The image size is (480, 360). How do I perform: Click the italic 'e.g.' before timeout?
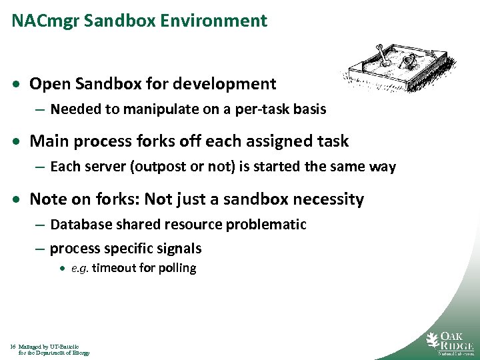[80, 269]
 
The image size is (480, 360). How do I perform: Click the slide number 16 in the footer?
[13, 347]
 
